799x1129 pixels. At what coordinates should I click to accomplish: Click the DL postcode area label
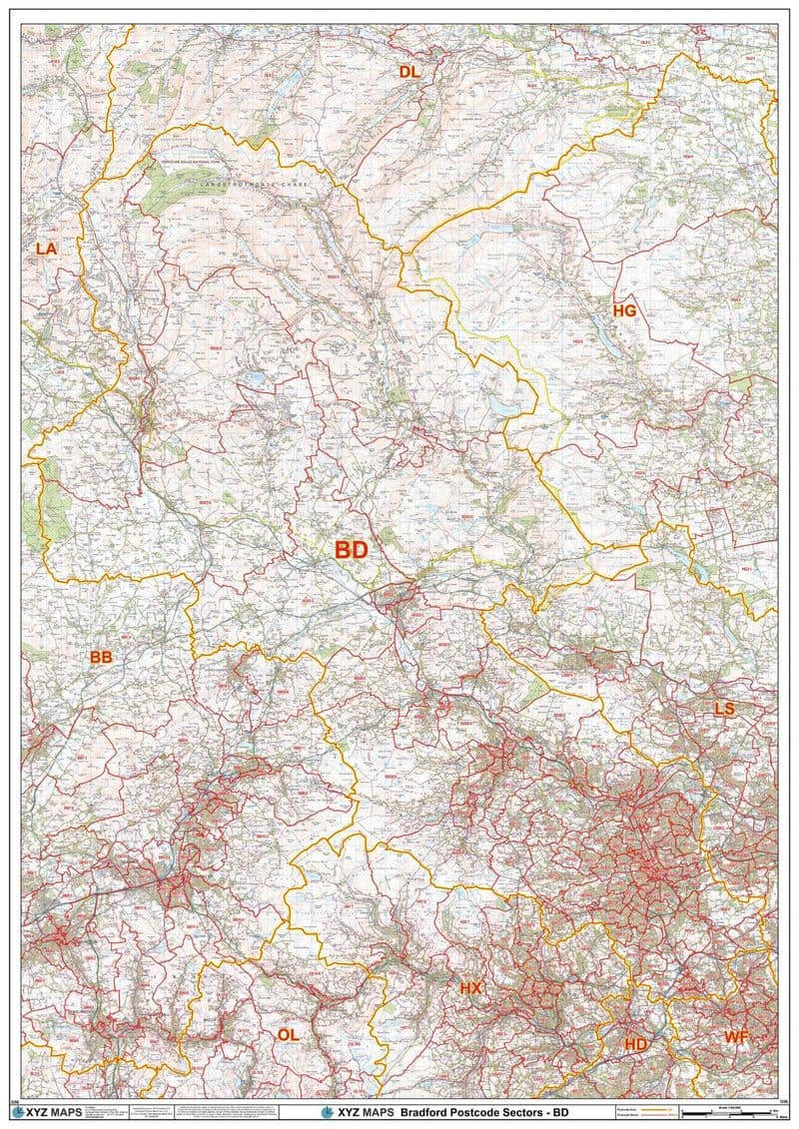[410, 71]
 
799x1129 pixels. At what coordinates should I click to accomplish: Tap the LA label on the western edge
[46, 249]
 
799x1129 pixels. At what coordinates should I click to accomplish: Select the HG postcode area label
[624, 310]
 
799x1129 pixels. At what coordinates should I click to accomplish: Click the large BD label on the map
[351, 549]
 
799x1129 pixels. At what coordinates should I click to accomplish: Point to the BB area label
[101, 657]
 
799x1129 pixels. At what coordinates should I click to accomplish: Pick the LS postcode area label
[724, 708]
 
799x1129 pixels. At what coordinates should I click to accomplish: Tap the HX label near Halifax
[470, 987]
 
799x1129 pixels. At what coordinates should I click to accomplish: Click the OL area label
[287, 1035]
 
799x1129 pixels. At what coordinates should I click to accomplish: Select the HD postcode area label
[635, 1043]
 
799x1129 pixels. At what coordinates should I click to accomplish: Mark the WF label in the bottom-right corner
[736, 1037]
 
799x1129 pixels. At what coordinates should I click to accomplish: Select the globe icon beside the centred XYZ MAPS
[326, 1112]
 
